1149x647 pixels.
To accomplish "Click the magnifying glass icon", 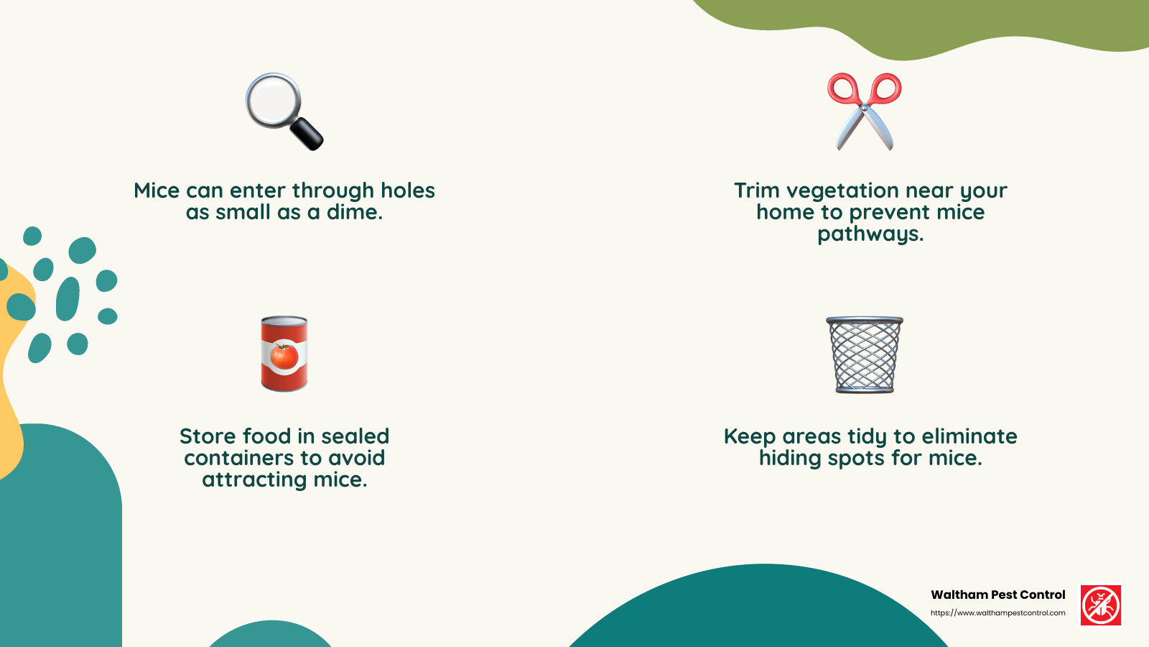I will [284, 111].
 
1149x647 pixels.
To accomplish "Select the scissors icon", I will [864, 111].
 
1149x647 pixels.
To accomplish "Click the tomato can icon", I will [284, 354].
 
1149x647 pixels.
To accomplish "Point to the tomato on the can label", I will [284, 356].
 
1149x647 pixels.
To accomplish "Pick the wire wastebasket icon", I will [864, 354].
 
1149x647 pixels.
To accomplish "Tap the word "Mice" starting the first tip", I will [157, 191].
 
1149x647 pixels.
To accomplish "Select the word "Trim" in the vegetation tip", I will [757, 191].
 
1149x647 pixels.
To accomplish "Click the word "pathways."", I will [870, 234].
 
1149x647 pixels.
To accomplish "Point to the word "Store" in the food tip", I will [208, 436].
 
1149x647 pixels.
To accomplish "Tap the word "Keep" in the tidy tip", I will [750, 436].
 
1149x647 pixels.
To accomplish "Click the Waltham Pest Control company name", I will [997, 595].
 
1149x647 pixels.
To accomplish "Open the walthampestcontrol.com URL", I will [997, 613].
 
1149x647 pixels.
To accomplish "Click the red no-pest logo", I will [1101, 605].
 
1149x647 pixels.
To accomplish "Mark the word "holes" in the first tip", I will [407, 191].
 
